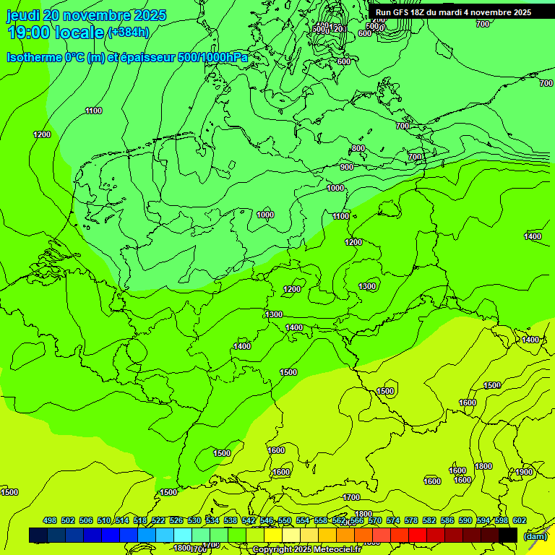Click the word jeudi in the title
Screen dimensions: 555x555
tap(22, 15)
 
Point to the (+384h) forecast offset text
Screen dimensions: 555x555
tap(128, 33)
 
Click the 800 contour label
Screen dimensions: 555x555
tap(358, 148)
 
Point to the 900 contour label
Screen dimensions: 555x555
tap(347, 167)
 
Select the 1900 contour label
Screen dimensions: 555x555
tap(524, 472)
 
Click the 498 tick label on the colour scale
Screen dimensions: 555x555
tap(50, 520)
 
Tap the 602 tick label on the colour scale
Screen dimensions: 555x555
tap(519, 520)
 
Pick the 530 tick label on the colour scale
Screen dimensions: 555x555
tap(194, 520)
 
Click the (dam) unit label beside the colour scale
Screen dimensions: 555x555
tap(535, 536)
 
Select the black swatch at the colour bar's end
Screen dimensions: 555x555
tap(508, 535)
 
